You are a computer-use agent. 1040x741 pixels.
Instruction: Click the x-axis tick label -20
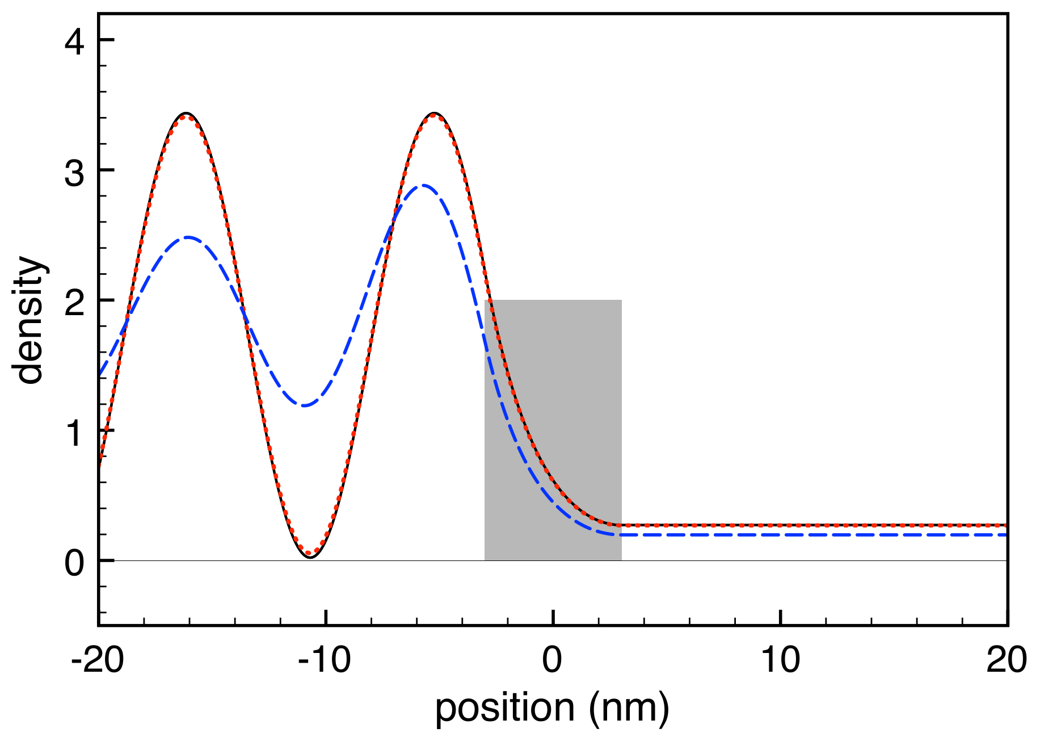click(x=98, y=660)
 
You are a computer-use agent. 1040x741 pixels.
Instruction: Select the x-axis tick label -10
click(x=325, y=660)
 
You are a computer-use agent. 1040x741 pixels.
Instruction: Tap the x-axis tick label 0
click(x=553, y=660)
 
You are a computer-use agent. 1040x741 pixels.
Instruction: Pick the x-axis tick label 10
click(x=780, y=660)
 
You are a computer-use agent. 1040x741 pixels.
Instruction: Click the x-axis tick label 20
click(x=1007, y=660)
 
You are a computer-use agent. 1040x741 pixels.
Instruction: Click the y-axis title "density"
click(x=30, y=321)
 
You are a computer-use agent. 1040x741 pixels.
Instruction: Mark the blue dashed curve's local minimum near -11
click(x=305, y=405)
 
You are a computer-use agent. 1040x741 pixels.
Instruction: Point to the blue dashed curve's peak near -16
click(x=188, y=237)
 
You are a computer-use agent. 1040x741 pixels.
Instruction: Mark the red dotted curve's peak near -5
click(x=434, y=115)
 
